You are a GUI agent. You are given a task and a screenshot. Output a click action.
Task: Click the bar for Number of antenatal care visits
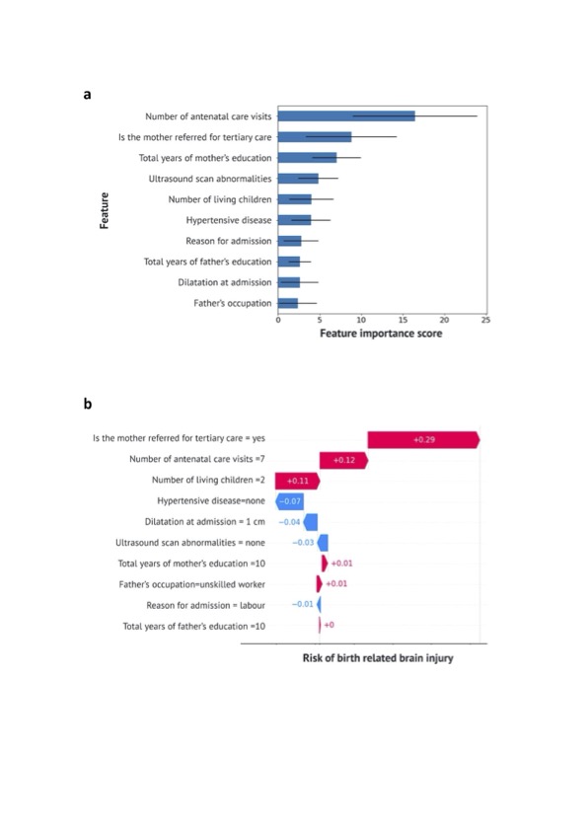[346, 115]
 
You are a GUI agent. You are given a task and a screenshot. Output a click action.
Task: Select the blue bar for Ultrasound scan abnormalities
[298, 179]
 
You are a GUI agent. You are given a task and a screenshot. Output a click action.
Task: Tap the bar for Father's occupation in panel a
[288, 303]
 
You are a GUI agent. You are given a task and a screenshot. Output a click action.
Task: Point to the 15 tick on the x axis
[403, 320]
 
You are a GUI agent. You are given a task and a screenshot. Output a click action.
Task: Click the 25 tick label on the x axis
[485, 320]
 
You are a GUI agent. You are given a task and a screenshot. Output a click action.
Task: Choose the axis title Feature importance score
[381, 333]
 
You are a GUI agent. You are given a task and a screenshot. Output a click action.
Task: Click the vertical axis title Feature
[105, 210]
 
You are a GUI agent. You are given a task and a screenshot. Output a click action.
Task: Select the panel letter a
[88, 94]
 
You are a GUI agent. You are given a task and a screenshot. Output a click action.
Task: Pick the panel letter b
[88, 404]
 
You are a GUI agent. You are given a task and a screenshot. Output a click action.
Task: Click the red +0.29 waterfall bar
[423, 439]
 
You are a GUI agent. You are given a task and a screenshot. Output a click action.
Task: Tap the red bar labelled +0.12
[343, 460]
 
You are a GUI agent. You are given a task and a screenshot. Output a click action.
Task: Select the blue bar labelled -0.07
[289, 501]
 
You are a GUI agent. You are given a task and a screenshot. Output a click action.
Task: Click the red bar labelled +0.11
[298, 481]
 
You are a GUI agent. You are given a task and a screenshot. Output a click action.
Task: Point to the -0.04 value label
[289, 522]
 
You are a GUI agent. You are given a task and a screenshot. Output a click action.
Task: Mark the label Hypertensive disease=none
[211, 500]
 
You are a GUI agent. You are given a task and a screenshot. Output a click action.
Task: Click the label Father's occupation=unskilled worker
[191, 584]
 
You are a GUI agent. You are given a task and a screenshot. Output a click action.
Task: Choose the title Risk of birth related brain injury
[378, 658]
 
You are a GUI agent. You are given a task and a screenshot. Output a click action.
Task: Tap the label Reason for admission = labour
[205, 605]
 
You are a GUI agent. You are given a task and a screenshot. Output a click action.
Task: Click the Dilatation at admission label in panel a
[224, 282]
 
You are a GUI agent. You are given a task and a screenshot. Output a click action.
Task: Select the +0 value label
[329, 625]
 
